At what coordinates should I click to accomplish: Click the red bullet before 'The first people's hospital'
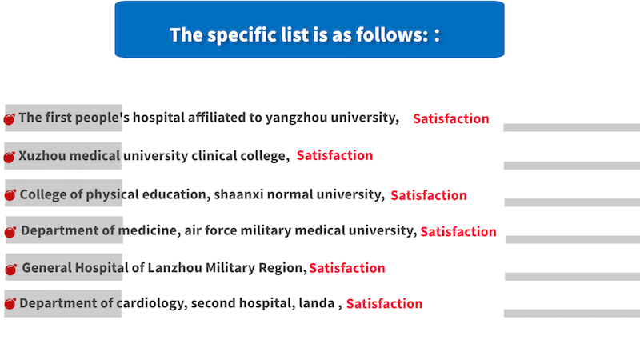pos(9,118)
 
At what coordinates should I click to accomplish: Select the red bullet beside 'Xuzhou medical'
pos(9,157)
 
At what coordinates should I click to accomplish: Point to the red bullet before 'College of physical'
pos(10,194)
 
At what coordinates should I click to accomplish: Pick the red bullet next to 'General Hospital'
pos(11,269)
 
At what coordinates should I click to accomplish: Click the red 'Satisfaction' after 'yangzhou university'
pos(451,118)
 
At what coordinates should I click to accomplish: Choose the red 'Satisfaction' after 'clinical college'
pos(334,155)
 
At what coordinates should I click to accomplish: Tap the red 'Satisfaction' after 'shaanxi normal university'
pos(429,195)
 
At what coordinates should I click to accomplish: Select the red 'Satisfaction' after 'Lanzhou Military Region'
pos(347,268)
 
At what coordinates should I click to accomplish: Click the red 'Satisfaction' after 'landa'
pos(385,304)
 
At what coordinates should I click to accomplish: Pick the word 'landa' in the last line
pos(317,303)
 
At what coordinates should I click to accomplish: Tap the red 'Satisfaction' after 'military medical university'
pos(458,232)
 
